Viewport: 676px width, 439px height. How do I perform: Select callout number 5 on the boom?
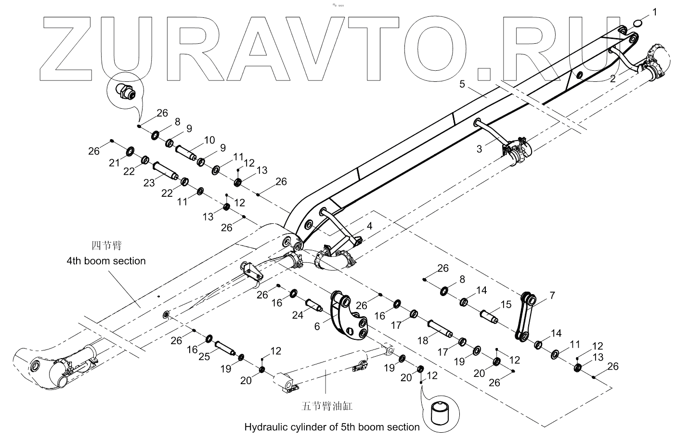[x=462, y=85]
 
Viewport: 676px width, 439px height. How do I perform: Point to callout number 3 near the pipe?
[x=479, y=149]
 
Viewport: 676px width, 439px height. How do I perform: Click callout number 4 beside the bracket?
[x=369, y=226]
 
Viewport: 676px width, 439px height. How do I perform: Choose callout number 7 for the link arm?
[x=552, y=295]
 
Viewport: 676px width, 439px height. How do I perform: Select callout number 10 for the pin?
[x=209, y=141]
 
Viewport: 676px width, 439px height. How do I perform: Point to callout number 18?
[x=423, y=341]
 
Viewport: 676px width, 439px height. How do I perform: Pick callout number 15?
[x=506, y=305]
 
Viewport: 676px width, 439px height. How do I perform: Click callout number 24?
[x=298, y=315]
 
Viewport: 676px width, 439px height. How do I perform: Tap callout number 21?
[x=114, y=163]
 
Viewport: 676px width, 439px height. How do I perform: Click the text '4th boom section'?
[x=106, y=261]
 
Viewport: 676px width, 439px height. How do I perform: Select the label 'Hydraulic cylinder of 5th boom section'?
[x=332, y=427]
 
